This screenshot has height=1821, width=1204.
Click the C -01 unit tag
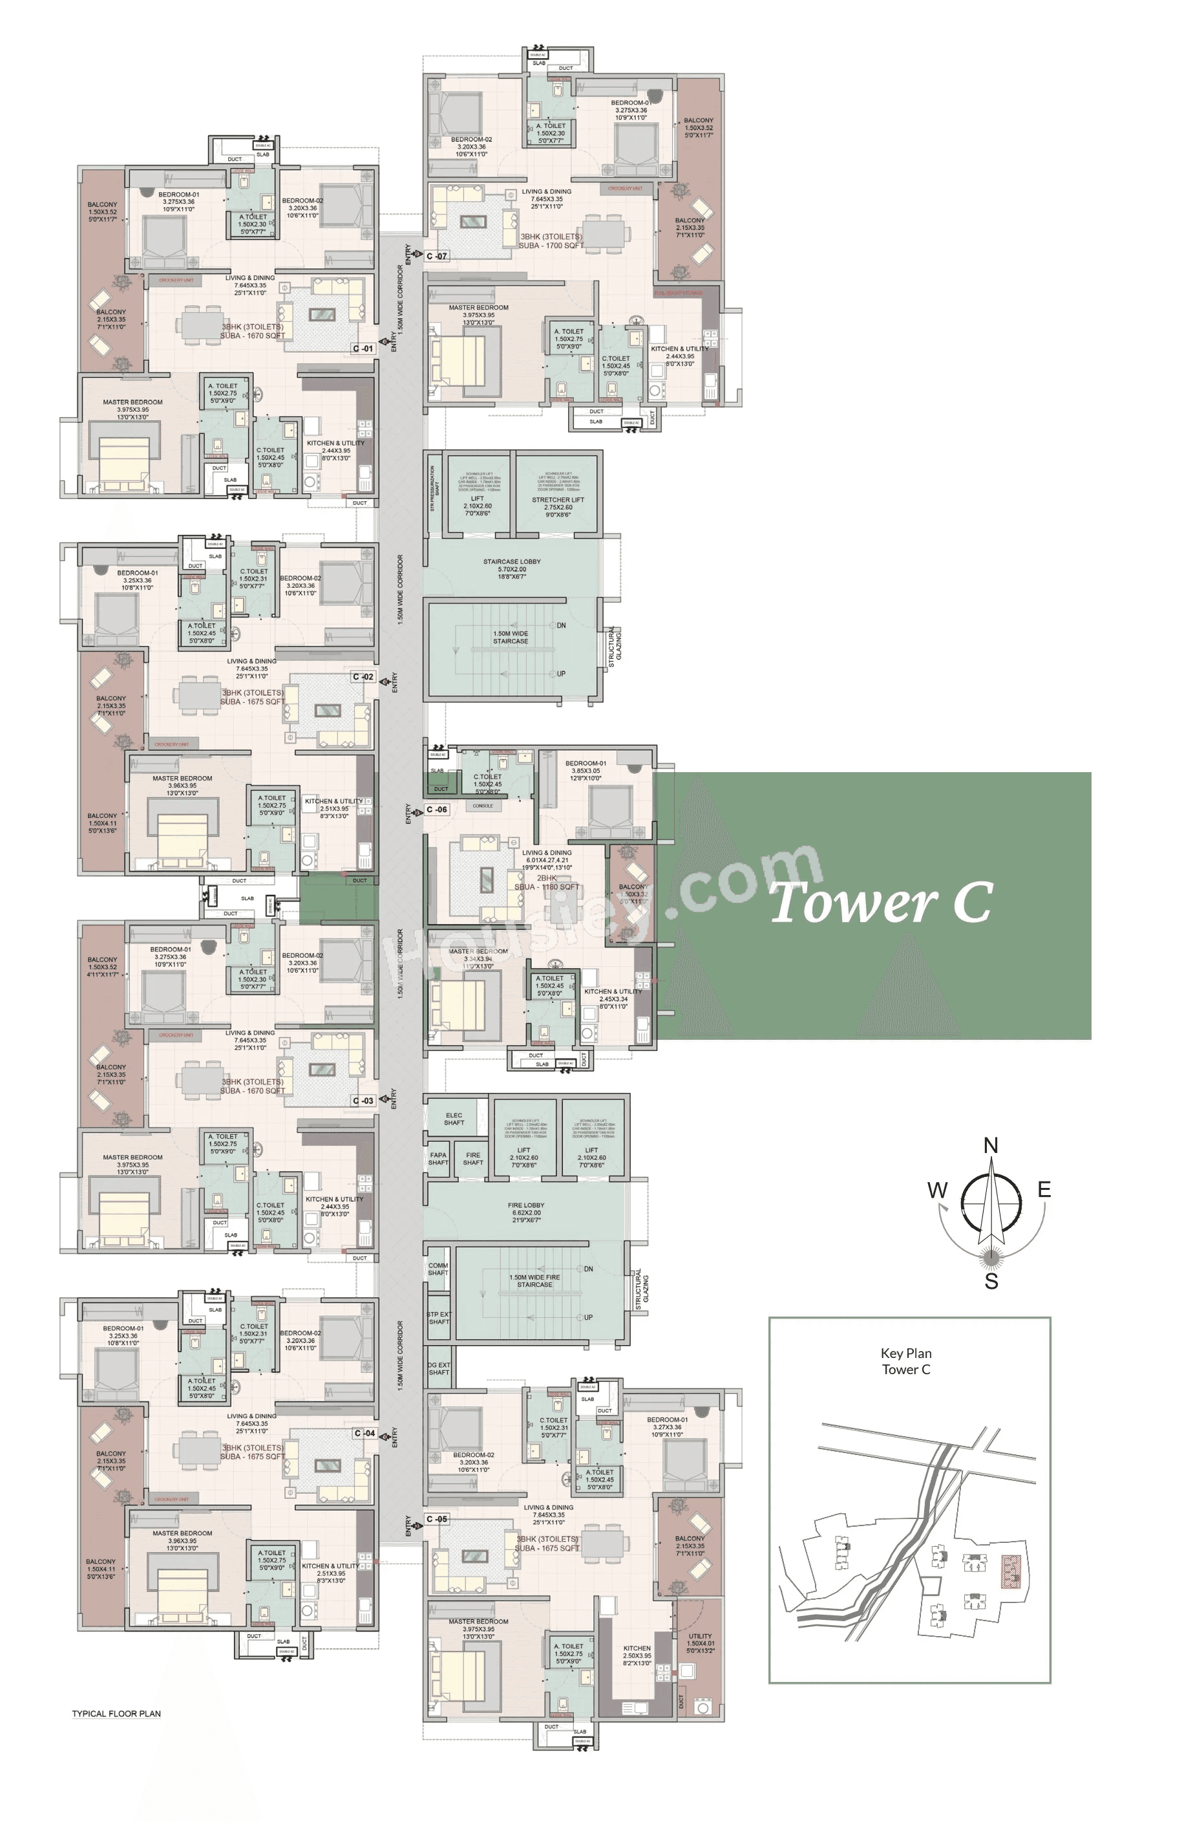coord(363,349)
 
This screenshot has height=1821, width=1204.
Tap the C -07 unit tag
coord(437,256)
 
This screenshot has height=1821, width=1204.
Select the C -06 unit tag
coord(437,810)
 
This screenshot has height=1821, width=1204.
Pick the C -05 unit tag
coord(437,1519)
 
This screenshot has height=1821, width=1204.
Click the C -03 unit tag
coord(363,1101)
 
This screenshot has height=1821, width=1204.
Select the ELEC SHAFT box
coord(454,1119)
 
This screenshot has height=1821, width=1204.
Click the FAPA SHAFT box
coord(438,1159)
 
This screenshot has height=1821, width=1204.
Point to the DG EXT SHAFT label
coord(438,1368)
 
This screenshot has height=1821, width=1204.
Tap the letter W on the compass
coord(937,1190)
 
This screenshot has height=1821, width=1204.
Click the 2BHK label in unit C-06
coord(546,878)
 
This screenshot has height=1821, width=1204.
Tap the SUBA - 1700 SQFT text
coord(551,246)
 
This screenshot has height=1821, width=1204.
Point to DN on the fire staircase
coord(588,1269)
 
